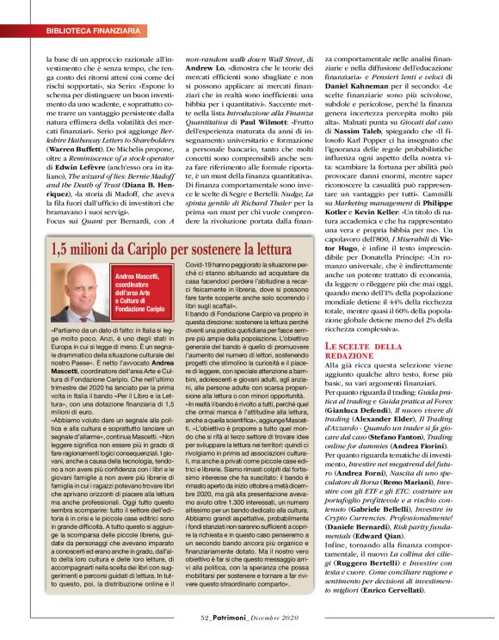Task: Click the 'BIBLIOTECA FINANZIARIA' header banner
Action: [83, 30]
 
